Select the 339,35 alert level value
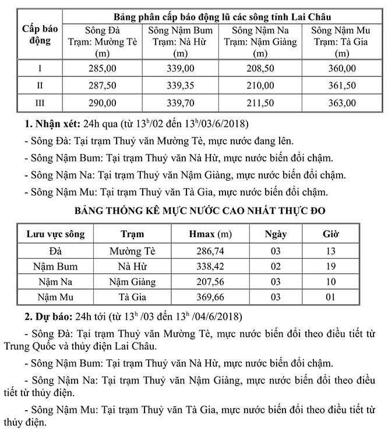(x=180, y=86)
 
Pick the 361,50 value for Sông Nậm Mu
(x=341, y=86)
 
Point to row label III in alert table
(x=40, y=103)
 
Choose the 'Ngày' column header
(x=275, y=234)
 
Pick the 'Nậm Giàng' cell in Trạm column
(x=133, y=282)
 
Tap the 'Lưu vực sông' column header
(x=56, y=234)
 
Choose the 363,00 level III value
(x=341, y=103)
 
